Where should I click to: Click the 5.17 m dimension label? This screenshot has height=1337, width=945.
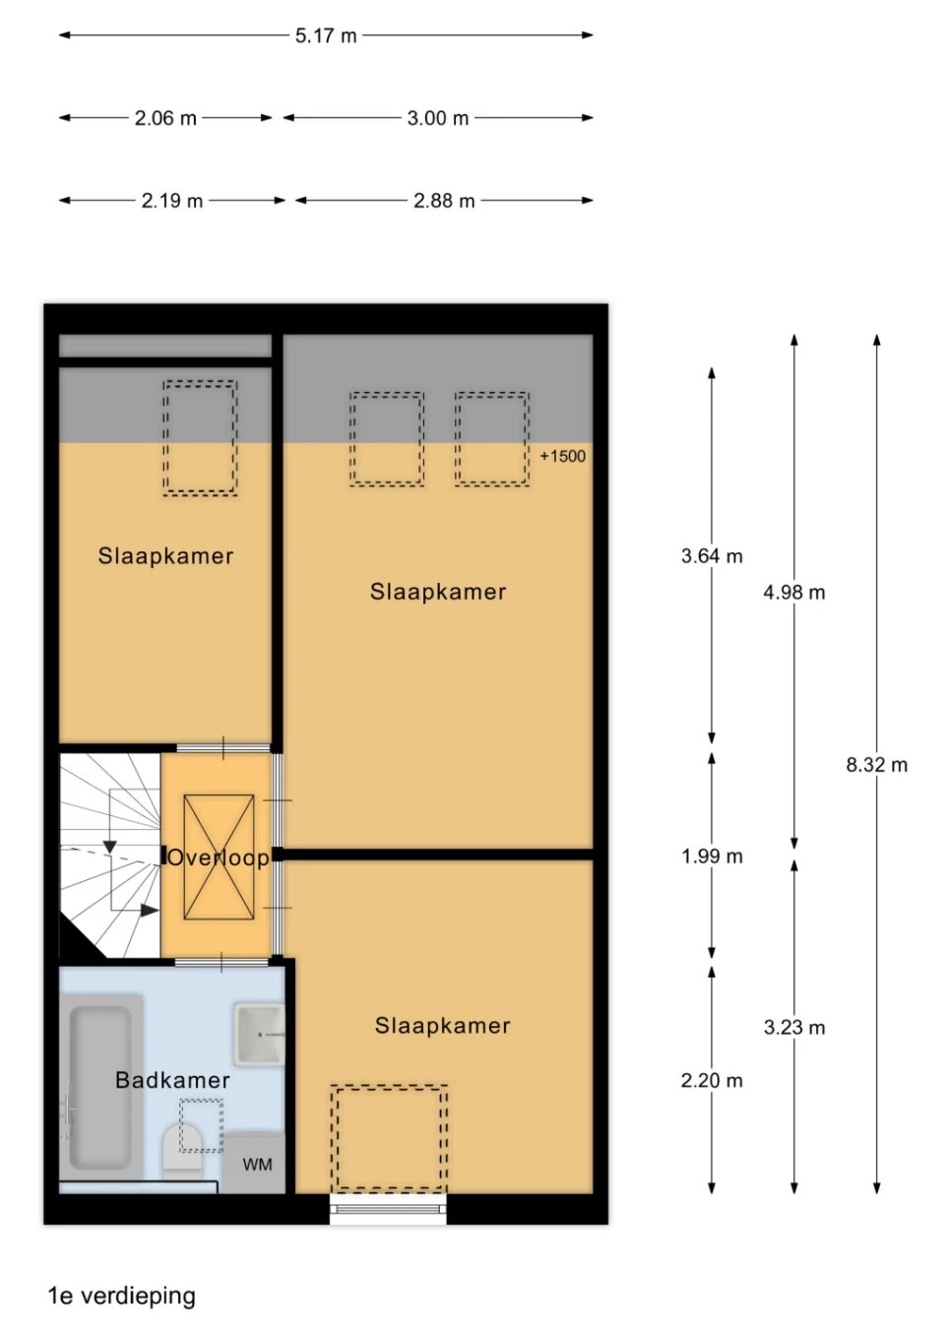(x=326, y=35)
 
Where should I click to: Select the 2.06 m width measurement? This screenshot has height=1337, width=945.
(x=165, y=118)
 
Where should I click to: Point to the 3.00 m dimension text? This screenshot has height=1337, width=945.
(x=438, y=118)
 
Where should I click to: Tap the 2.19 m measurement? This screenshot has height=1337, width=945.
(x=172, y=201)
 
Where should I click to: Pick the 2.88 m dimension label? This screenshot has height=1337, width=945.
(x=444, y=201)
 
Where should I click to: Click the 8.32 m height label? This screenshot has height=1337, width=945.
(x=876, y=765)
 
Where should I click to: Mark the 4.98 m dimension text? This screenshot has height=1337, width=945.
(x=794, y=592)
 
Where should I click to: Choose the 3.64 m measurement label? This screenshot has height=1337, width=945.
(x=712, y=556)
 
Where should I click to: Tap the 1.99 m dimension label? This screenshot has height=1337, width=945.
(x=712, y=857)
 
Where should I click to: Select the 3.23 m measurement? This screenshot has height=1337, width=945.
(x=794, y=1027)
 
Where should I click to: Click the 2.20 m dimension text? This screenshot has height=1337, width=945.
(x=712, y=1080)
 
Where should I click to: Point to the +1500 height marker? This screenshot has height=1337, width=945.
(x=563, y=457)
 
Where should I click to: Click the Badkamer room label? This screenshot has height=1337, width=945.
(x=172, y=1080)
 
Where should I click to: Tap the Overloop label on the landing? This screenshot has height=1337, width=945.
(x=219, y=859)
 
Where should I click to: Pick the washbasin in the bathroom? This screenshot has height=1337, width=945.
(x=259, y=1035)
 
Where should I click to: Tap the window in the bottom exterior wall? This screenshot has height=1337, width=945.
(x=388, y=1209)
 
